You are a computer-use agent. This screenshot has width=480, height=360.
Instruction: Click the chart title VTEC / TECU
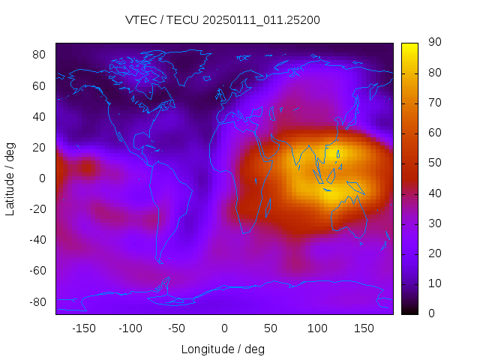click(223, 20)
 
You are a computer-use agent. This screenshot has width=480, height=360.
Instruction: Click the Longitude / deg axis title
click(223, 349)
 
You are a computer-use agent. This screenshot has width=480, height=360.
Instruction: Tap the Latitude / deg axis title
click(10, 178)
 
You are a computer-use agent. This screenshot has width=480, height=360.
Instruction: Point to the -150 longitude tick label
click(84, 328)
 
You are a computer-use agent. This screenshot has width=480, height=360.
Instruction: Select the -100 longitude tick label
click(130, 328)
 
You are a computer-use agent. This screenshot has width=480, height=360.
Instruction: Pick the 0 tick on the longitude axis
click(223, 328)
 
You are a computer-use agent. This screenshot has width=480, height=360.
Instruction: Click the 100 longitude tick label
click(317, 328)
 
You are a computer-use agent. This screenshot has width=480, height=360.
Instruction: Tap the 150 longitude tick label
click(364, 328)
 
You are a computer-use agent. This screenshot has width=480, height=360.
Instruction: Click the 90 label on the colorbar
click(433, 43)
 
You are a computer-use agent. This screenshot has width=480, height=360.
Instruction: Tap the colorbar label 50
click(433, 163)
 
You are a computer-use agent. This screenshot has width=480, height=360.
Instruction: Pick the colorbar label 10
click(433, 283)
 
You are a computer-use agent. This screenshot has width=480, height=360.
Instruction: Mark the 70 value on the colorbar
click(433, 103)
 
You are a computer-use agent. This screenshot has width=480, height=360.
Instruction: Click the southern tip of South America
click(160, 262)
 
